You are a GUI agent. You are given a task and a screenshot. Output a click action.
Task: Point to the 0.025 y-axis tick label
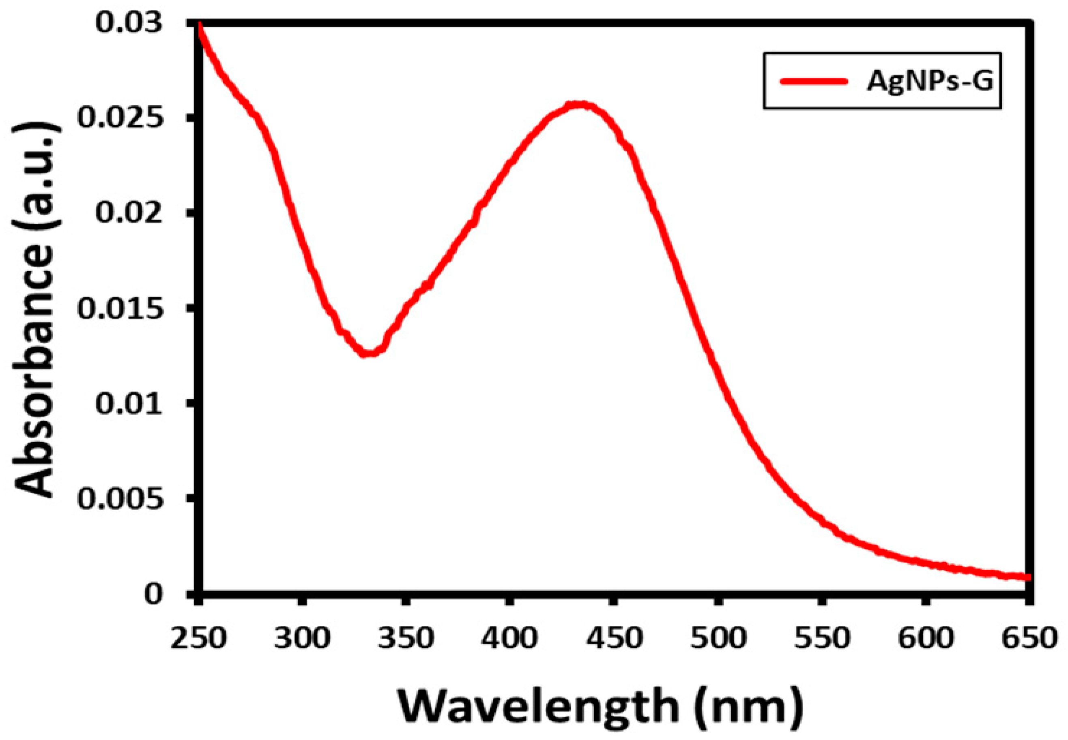[x=120, y=118]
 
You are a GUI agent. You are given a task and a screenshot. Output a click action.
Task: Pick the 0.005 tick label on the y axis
[x=120, y=499]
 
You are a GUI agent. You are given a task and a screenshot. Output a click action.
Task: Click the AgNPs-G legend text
[x=929, y=81]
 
